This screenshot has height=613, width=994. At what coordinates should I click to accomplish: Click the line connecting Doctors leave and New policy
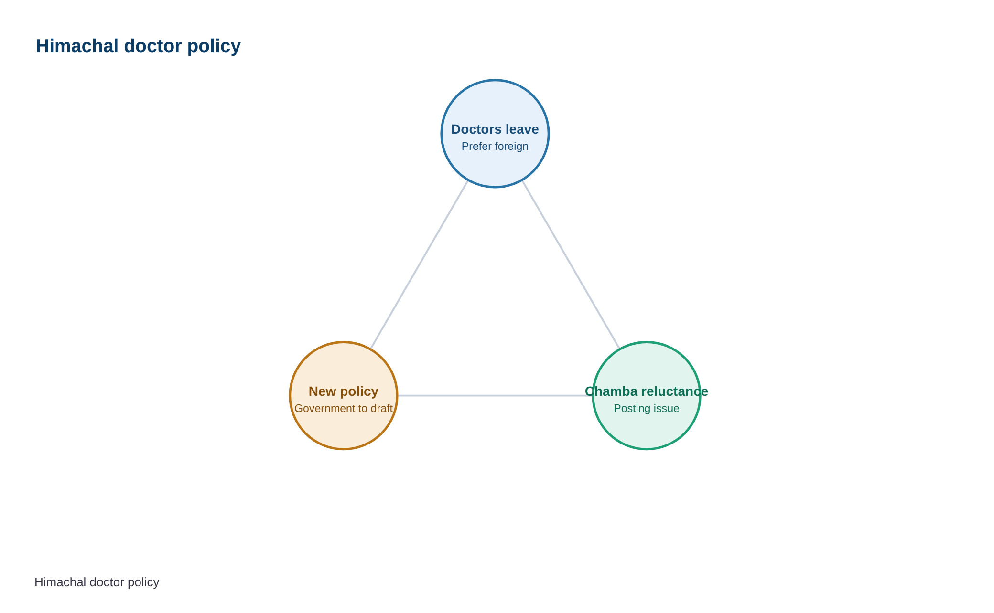tap(420, 264)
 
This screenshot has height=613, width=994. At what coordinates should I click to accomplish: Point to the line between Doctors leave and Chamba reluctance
tap(571, 264)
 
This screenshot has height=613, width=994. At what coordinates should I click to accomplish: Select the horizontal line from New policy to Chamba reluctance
tap(495, 396)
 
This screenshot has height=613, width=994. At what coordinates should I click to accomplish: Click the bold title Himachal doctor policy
tap(138, 46)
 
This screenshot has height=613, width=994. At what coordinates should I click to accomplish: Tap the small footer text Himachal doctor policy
tap(97, 582)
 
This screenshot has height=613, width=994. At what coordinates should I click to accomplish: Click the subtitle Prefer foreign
tap(495, 147)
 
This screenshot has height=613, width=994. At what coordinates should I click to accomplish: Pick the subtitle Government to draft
tap(344, 409)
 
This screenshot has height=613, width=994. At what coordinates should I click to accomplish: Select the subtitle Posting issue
tap(647, 409)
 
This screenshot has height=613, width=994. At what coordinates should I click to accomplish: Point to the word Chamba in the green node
tap(611, 391)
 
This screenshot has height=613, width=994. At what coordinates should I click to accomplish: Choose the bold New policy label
tap(344, 391)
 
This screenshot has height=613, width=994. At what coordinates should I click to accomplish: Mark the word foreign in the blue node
tap(511, 147)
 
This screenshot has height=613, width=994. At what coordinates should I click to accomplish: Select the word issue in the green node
tap(667, 409)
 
